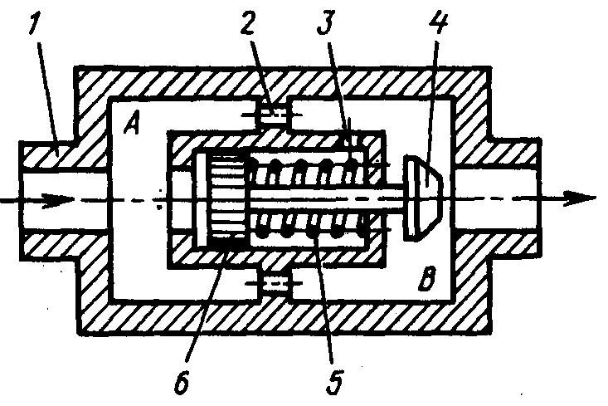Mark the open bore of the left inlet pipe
point(66,199)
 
